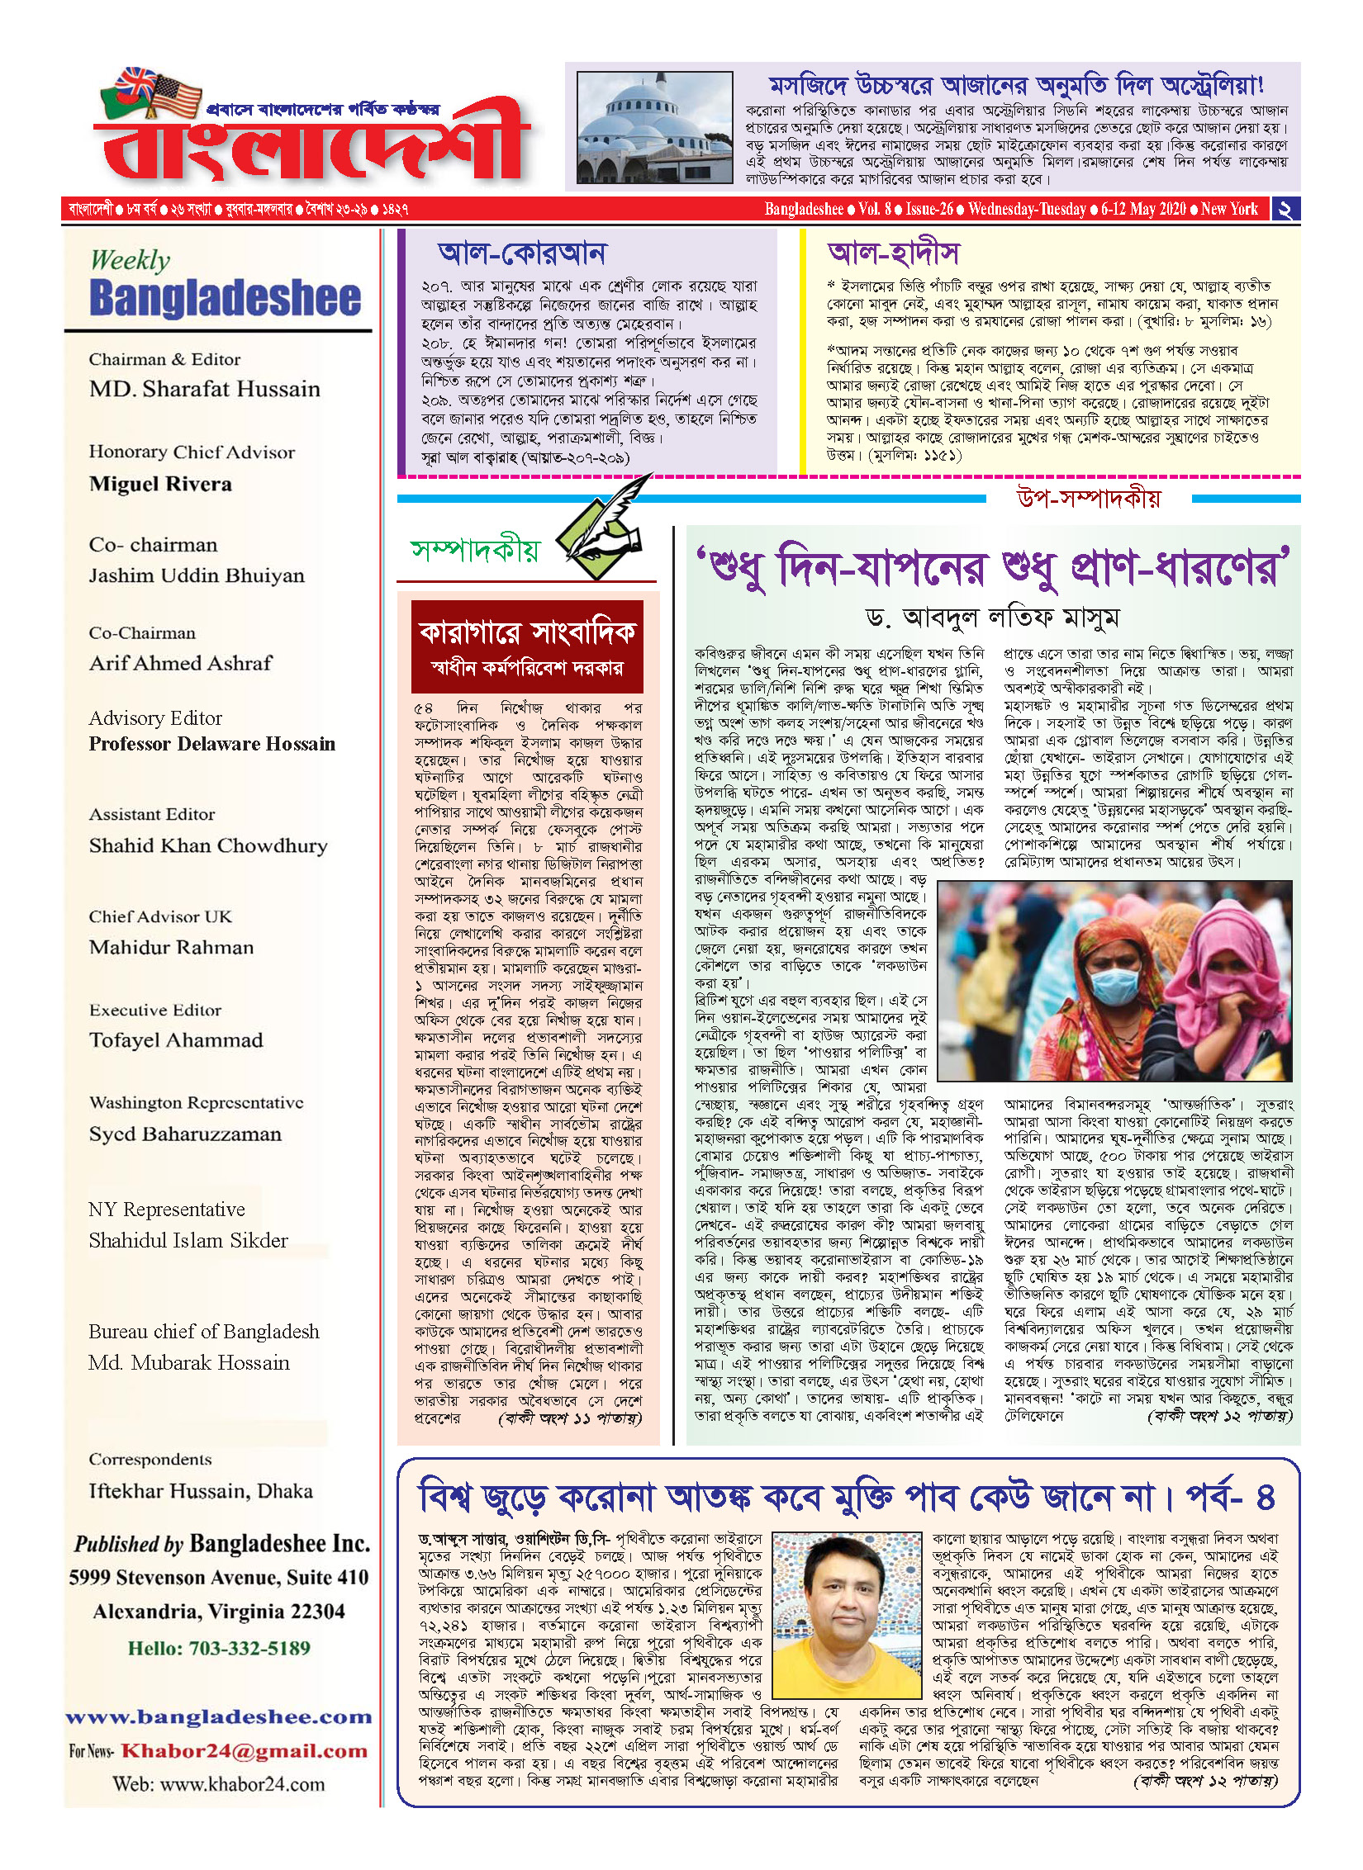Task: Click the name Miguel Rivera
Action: (160, 484)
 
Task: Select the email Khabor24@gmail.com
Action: (244, 1750)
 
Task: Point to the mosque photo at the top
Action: (654, 127)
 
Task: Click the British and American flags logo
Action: (152, 92)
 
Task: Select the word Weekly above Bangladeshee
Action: (130, 260)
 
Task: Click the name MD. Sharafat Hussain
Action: (204, 389)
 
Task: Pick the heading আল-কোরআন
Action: (522, 253)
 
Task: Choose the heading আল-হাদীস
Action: (893, 253)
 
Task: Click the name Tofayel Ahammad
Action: (176, 1040)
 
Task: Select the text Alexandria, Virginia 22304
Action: (219, 1611)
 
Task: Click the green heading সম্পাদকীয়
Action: (475, 550)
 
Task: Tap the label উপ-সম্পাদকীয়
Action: (1088, 498)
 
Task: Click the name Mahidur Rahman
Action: (171, 947)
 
